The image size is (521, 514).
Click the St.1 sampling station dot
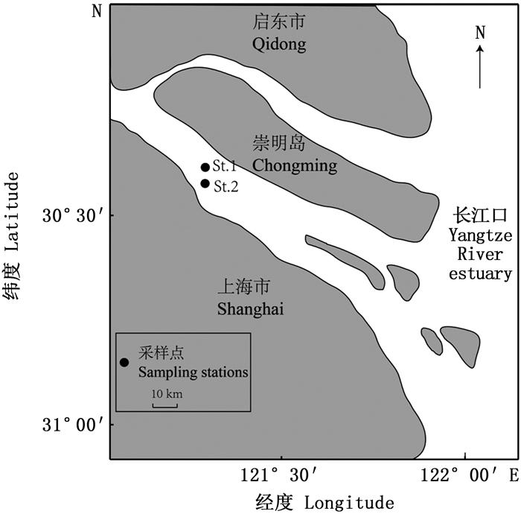tap(205, 168)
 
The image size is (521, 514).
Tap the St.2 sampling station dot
tap(205, 183)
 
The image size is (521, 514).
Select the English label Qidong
tap(279, 45)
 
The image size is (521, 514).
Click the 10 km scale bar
tap(165, 405)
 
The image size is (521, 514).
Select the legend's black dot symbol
tap(124, 363)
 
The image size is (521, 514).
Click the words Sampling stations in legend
tap(194, 372)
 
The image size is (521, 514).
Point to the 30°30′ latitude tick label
tap(72, 217)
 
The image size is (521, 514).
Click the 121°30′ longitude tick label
tap(282, 475)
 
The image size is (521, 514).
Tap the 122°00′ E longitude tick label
tap(476, 475)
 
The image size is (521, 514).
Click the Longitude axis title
tap(313, 501)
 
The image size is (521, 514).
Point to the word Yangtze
tap(480, 236)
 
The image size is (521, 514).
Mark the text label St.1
tap(225, 166)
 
